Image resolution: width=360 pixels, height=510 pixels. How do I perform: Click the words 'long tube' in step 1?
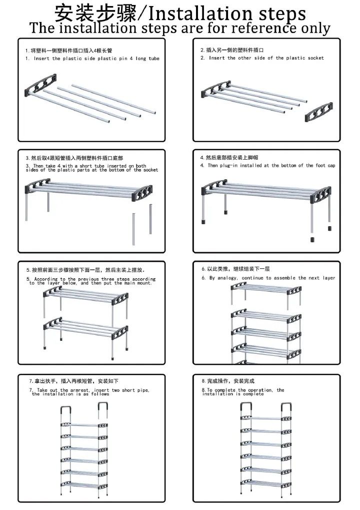pyautogui.click(x=146, y=59)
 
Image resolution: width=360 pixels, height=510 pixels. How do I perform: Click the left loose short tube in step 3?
pyautogui.click(x=133, y=229)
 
